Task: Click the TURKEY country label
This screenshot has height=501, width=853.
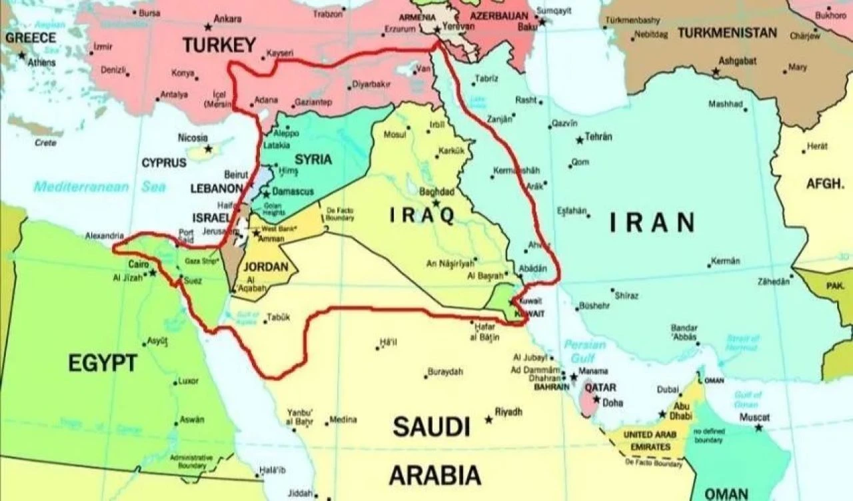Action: pos(219,45)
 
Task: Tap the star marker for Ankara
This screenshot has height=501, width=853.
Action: pos(209,27)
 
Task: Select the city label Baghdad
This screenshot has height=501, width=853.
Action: pos(437,192)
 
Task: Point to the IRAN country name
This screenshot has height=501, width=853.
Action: pos(652,223)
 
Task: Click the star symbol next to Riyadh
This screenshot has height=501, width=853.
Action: pos(489,420)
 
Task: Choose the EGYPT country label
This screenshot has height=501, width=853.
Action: pos(103,363)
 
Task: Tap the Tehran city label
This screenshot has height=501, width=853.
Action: pos(598,137)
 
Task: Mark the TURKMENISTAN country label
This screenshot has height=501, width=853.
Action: pos(727,33)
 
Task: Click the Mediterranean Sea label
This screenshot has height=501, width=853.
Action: pos(100,187)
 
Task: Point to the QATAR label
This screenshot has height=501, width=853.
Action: pos(600,387)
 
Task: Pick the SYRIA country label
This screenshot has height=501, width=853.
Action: pos(313,159)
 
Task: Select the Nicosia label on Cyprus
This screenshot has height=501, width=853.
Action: pos(193,137)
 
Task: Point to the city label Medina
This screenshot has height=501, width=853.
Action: pos(343,420)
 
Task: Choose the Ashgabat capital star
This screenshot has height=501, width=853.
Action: pos(716,71)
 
